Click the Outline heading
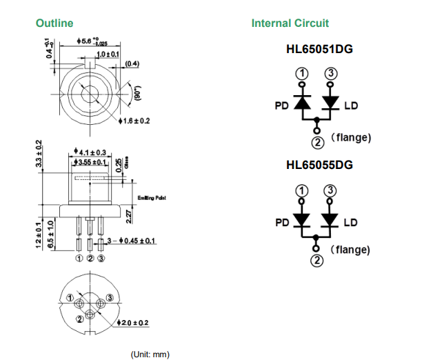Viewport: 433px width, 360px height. pyautogui.click(x=54, y=23)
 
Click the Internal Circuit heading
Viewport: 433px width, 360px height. pyautogui.click(x=290, y=23)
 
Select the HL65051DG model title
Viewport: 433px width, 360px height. pyautogui.click(x=319, y=50)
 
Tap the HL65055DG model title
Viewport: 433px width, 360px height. pyautogui.click(x=319, y=166)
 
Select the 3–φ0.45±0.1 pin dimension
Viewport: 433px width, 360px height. pyautogui.click(x=127, y=241)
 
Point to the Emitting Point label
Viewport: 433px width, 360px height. pyautogui.click(x=152, y=198)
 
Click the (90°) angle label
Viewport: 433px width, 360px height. pyautogui.click(x=137, y=92)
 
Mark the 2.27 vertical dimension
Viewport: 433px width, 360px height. pyautogui.click(x=129, y=214)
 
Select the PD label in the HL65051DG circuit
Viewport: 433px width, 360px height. pyautogui.click(x=281, y=106)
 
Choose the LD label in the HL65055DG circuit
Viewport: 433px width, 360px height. pyautogui.click(x=350, y=222)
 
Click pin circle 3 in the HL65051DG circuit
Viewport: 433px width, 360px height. pyautogui.click(x=330, y=73)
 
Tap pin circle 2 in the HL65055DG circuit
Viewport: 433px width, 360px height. pyautogui.click(x=316, y=260)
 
